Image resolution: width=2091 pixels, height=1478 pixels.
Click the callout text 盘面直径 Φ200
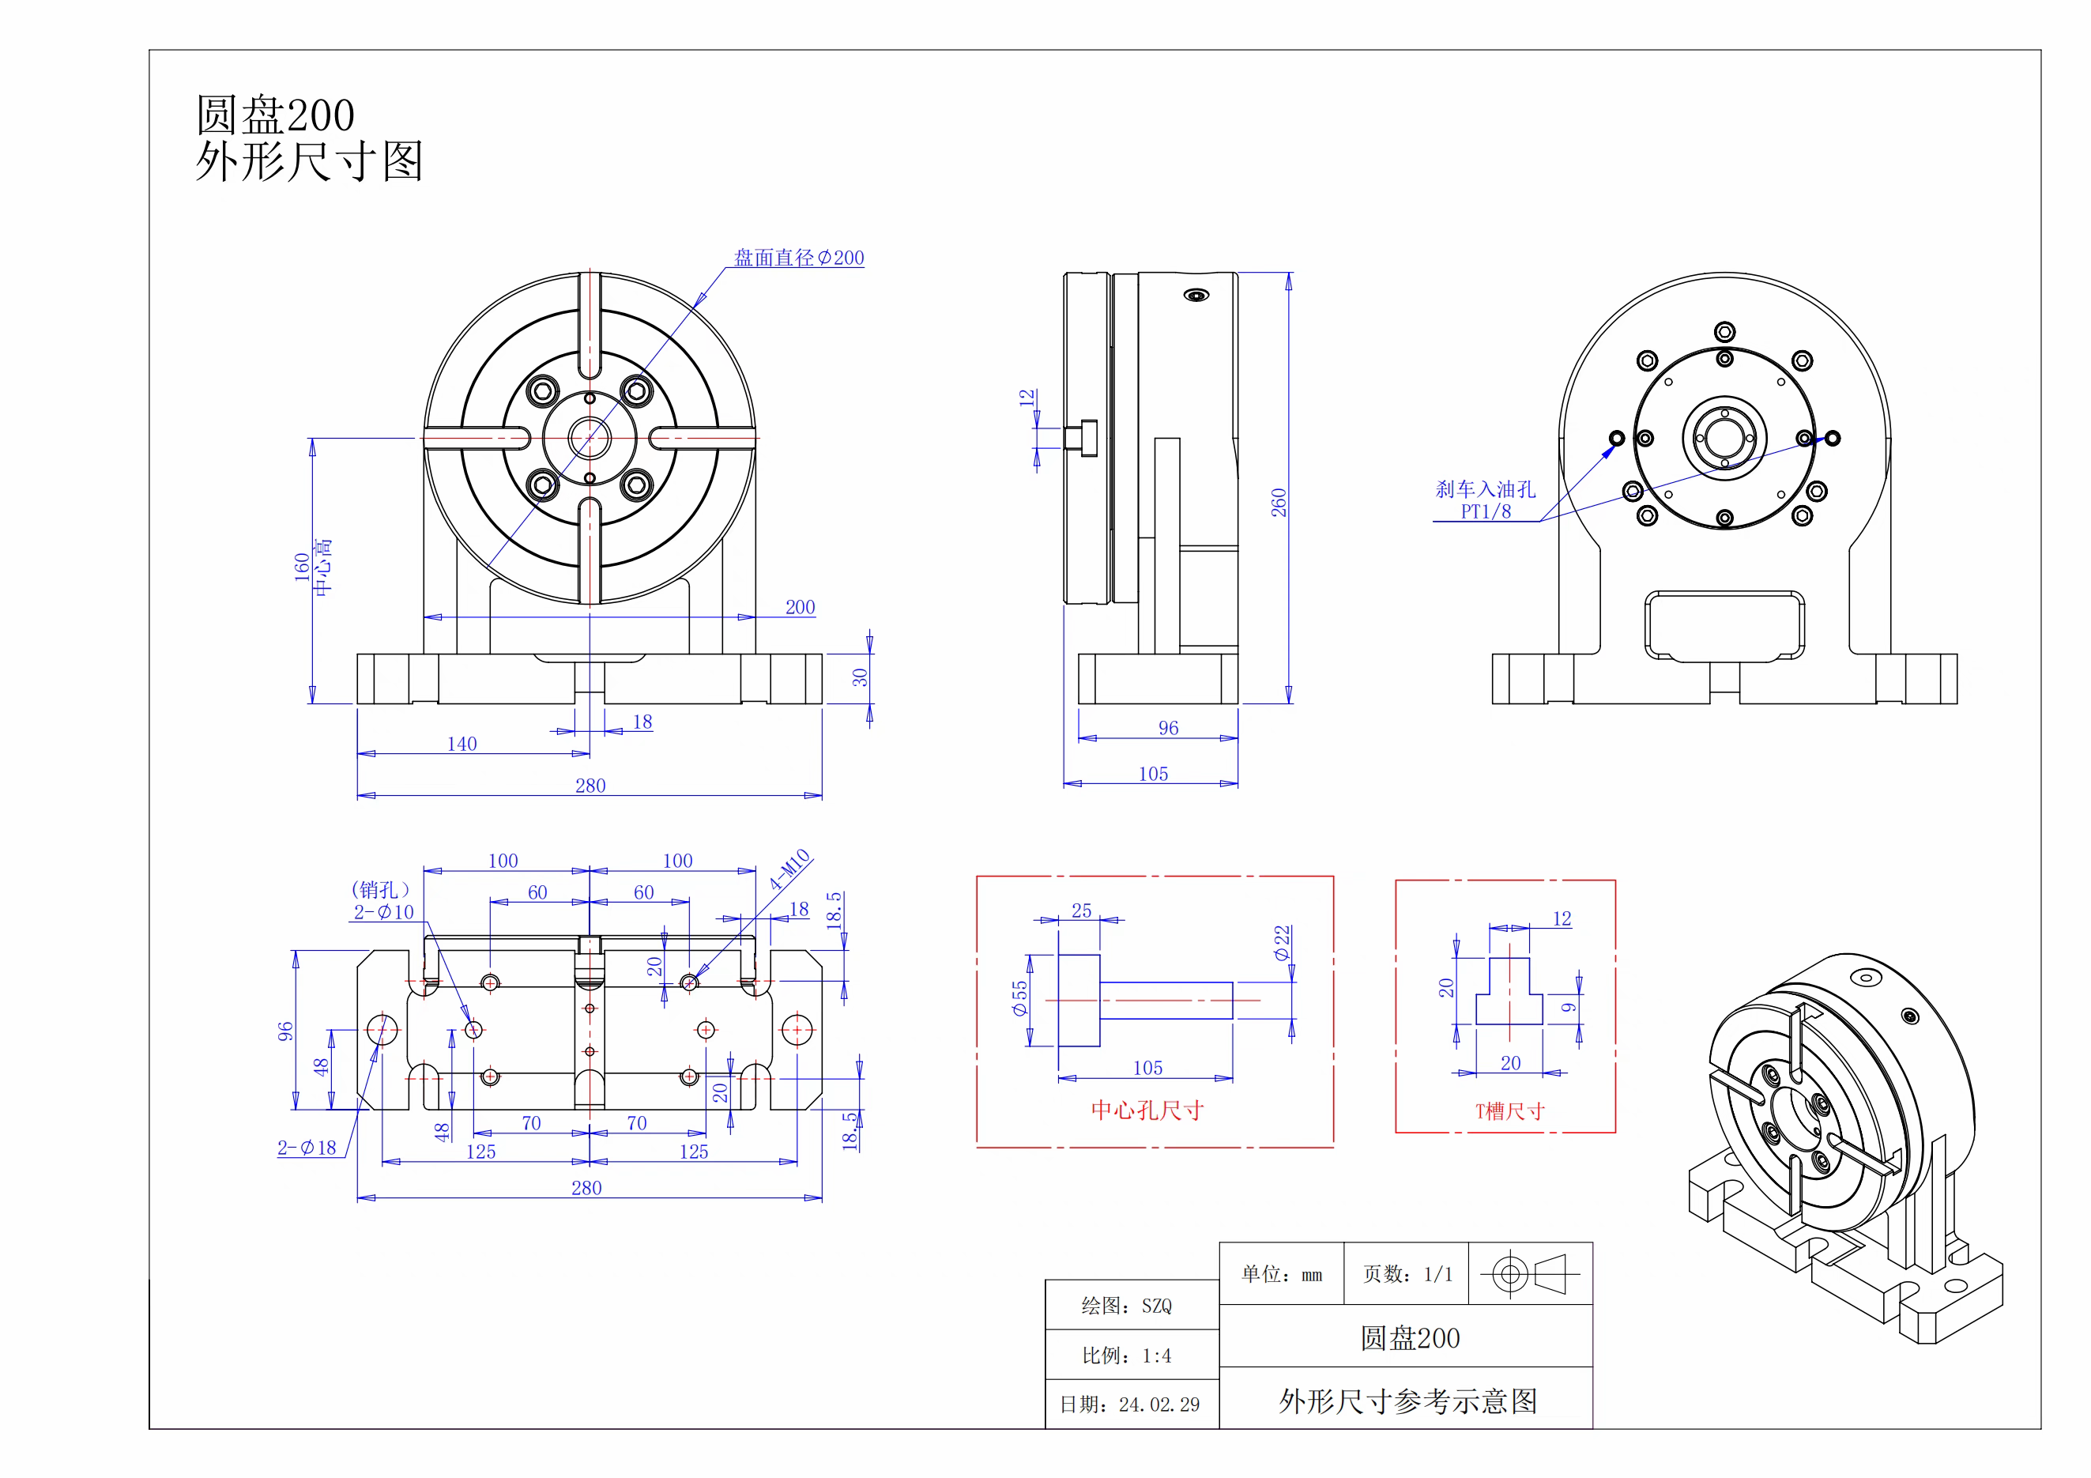click(799, 258)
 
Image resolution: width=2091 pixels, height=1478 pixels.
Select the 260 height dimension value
click(1279, 503)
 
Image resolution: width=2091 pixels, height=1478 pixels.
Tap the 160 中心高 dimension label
click(312, 567)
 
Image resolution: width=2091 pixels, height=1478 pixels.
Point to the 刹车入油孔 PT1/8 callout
click(1486, 500)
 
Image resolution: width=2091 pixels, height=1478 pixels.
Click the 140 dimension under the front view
click(462, 744)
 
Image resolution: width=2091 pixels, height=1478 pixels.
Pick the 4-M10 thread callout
click(789, 869)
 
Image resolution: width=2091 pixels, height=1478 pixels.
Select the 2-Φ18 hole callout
click(307, 1148)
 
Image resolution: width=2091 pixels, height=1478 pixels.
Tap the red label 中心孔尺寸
click(1147, 1110)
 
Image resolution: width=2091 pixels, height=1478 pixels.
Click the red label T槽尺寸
click(1509, 1111)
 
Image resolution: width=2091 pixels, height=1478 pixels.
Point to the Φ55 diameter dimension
click(1019, 998)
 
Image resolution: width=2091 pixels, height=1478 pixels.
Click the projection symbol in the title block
click(1529, 1274)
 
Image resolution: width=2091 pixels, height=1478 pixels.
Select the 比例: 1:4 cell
click(1127, 1355)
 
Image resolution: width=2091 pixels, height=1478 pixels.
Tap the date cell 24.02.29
click(1129, 1404)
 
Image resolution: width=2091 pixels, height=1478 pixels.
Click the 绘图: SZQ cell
click(1127, 1306)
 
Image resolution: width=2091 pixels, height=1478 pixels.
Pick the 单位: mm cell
click(1281, 1274)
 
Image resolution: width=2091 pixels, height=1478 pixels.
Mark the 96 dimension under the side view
click(1169, 728)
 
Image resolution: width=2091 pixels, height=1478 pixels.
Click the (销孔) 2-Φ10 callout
click(382, 902)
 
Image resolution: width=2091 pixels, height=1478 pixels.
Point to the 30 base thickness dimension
click(860, 677)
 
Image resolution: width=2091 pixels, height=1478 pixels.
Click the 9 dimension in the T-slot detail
click(1568, 1007)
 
